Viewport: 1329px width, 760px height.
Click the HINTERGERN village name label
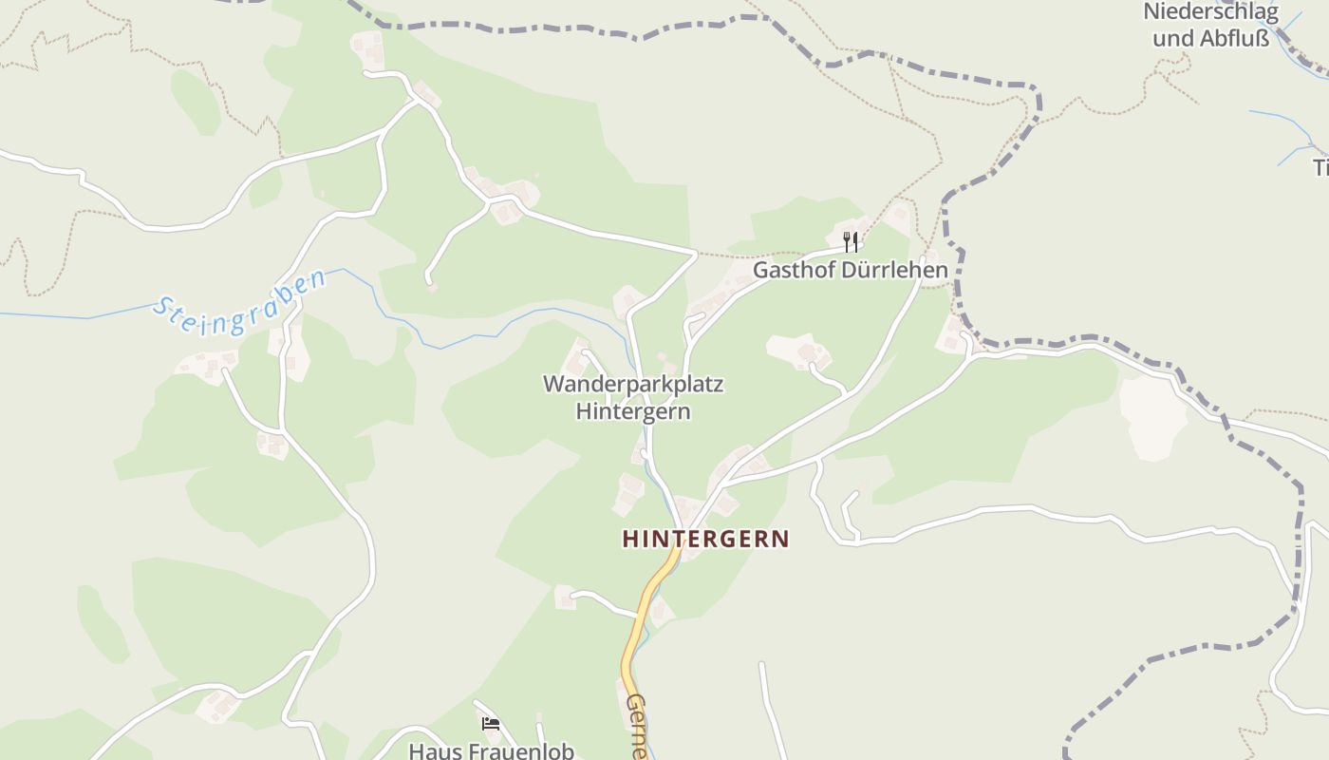pos(705,539)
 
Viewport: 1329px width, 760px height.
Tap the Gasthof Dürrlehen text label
pos(850,270)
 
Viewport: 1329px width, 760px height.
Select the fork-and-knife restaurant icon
pos(851,241)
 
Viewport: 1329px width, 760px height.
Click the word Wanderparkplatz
pos(633,385)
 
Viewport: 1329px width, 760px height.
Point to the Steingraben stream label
pos(240,303)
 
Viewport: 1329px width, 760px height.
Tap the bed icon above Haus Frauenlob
pos(491,724)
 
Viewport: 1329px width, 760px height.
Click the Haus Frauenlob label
pos(491,750)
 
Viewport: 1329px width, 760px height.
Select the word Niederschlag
pos(1210,13)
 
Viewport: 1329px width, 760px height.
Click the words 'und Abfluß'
pos(1210,39)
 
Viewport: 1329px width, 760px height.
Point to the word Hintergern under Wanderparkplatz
pos(633,411)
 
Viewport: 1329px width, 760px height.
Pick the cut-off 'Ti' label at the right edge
pos(1320,168)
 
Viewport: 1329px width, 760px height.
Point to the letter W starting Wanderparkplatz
pos(553,385)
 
